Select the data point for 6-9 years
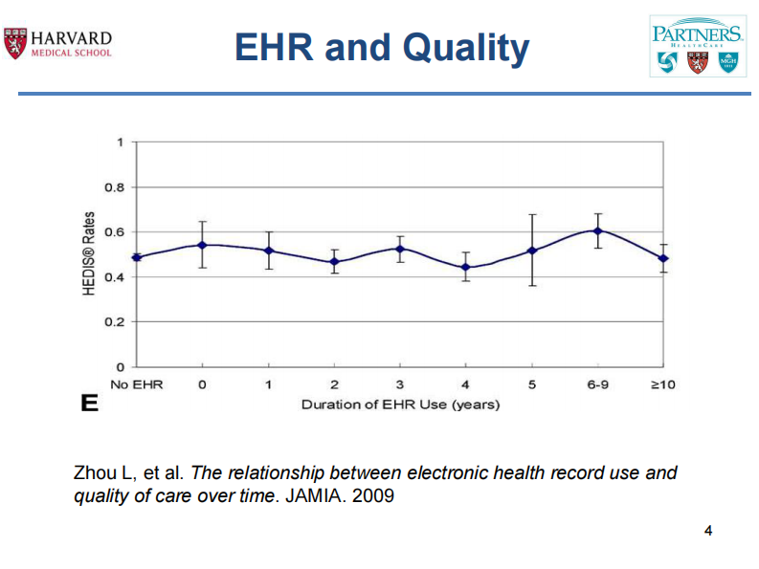coord(597,230)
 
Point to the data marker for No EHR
coord(137,257)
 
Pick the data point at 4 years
coord(466,268)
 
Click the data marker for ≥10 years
coord(663,258)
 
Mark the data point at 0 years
coord(202,245)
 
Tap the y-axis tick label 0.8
coord(114,187)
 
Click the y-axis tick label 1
coord(120,142)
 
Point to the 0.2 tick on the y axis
coord(114,322)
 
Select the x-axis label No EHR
coord(137,384)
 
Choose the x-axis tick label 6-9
coord(597,384)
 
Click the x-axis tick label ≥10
coord(663,384)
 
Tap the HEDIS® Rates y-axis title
coord(88,253)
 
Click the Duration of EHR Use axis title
coord(400,405)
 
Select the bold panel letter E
coord(89,404)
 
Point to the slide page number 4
coord(708,531)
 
